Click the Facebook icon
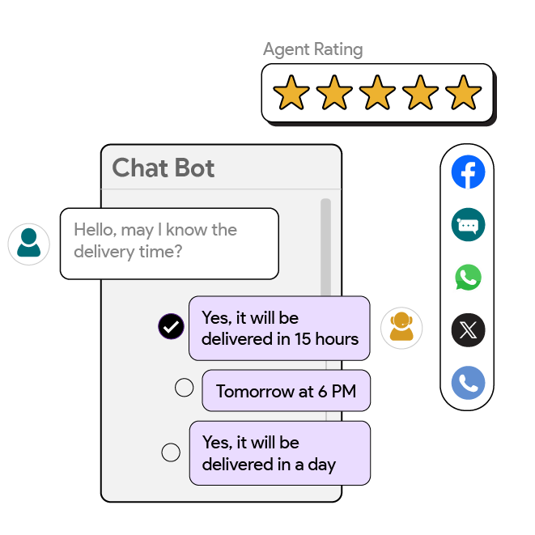468,172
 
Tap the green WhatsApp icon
468,278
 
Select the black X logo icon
468,330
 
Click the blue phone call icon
468,383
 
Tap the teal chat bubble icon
468,225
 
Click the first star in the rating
291,94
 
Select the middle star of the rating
377,94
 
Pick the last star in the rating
463,94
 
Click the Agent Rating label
312,49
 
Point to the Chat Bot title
163,168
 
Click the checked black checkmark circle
171,327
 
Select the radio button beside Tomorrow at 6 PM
185,388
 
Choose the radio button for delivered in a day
171,452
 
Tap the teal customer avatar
28,243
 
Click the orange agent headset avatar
401,328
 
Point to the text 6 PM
337,392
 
